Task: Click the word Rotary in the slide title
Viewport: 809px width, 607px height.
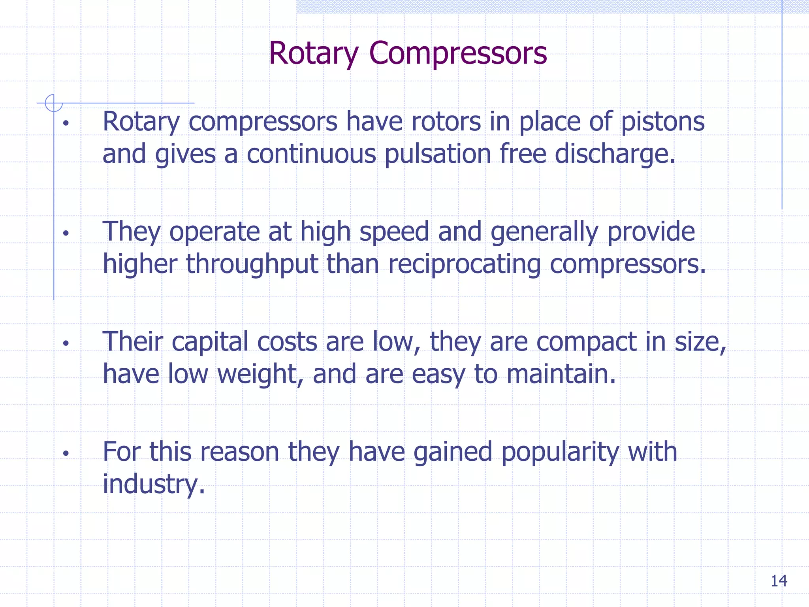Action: pos(313,53)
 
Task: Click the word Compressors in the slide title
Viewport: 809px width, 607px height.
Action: pos(458,53)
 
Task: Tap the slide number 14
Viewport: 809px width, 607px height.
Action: pos(779,581)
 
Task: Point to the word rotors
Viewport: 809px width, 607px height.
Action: pos(446,122)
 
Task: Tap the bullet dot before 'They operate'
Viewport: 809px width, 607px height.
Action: pos(66,233)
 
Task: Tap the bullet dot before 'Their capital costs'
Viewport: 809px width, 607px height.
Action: pos(66,343)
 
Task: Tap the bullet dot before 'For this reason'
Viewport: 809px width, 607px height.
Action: pos(66,453)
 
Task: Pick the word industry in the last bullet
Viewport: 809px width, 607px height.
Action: pos(154,484)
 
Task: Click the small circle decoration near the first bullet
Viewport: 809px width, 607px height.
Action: pos(54,103)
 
